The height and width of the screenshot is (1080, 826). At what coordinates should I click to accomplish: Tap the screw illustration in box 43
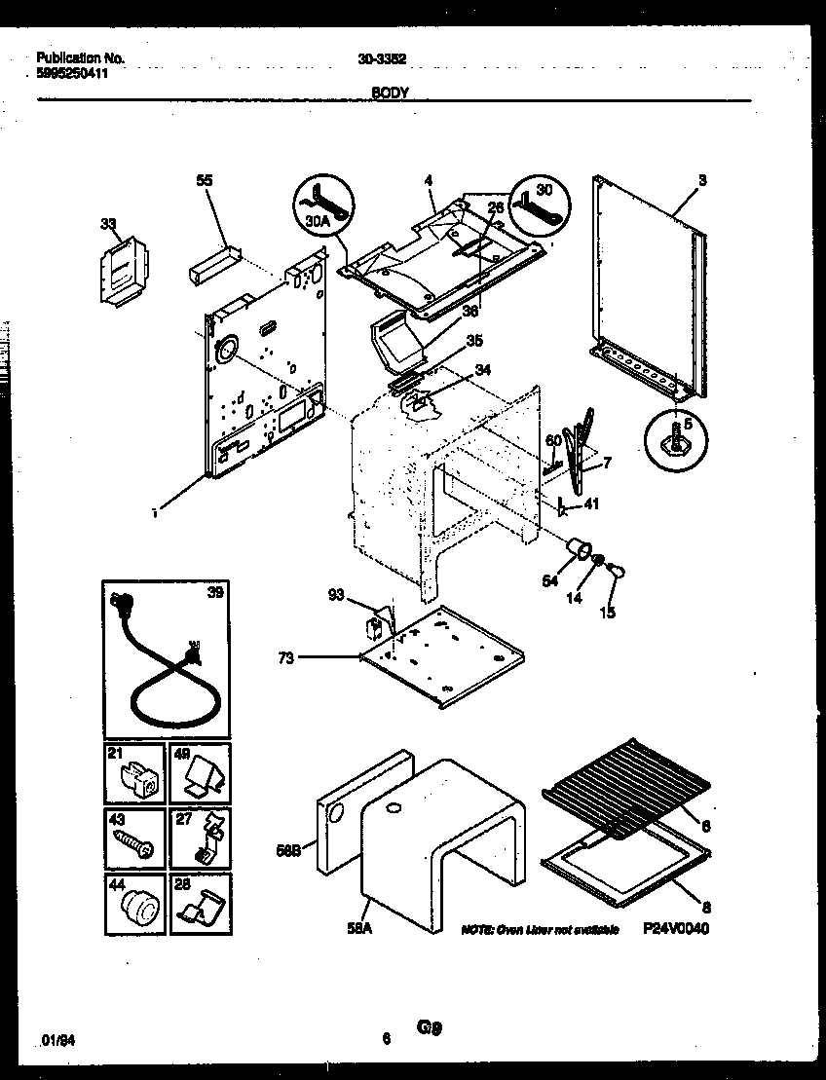[133, 842]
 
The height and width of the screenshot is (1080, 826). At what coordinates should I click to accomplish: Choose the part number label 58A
[359, 928]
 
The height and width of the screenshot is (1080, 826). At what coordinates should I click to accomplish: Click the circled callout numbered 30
[539, 205]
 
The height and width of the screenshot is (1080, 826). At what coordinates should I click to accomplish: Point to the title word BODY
[390, 93]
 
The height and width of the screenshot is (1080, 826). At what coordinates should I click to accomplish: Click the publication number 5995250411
[71, 72]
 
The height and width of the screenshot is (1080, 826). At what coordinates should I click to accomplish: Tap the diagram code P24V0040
[675, 929]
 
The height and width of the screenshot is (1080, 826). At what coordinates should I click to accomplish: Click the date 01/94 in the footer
[59, 1040]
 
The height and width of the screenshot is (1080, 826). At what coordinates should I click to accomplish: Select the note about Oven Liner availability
[540, 930]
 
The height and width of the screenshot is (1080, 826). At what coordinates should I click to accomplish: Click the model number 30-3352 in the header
[383, 57]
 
